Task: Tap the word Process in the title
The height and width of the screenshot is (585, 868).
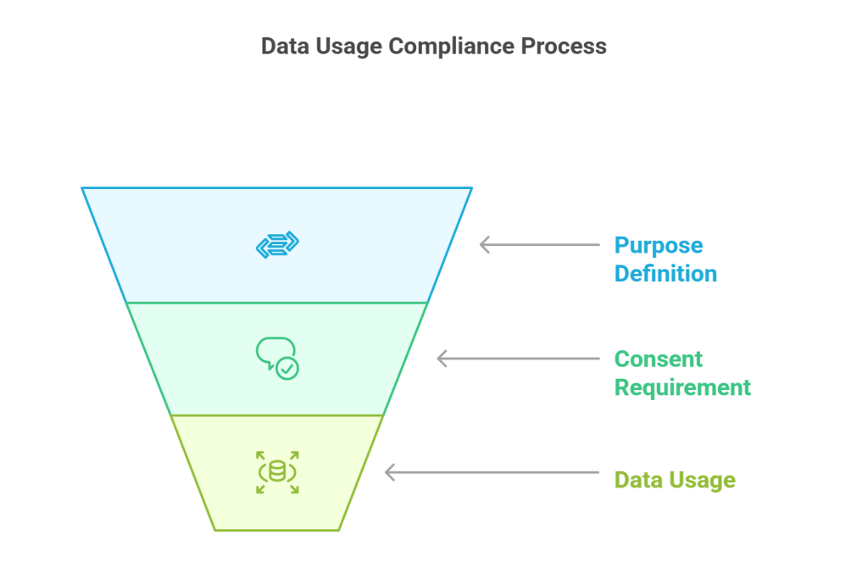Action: (x=564, y=46)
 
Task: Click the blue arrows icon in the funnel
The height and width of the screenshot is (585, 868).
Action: (x=277, y=245)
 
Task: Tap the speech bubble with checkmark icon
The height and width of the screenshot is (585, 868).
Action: (x=277, y=358)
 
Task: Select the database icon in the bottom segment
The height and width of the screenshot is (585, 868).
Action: (x=277, y=472)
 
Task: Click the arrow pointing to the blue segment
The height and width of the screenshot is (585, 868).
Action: (x=539, y=245)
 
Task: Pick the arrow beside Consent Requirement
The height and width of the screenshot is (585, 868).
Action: (x=517, y=359)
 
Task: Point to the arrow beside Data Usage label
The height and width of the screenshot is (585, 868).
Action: (x=492, y=472)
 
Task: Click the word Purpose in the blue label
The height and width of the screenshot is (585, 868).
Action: (x=659, y=246)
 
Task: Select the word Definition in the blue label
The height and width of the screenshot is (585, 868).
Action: (x=665, y=274)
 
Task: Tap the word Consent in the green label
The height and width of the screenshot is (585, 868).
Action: (x=659, y=359)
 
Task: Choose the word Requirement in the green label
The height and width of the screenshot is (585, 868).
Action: (x=682, y=387)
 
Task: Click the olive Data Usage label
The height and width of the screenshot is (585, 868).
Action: (x=675, y=480)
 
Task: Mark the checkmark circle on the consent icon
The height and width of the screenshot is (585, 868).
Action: (x=288, y=368)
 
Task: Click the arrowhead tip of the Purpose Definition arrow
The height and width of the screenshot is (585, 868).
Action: (x=482, y=245)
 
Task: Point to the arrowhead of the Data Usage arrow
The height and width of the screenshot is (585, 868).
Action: (x=387, y=472)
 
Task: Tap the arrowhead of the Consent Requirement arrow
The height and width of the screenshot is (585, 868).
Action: (x=439, y=359)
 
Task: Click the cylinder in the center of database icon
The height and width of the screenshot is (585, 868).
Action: (x=277, y=472)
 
